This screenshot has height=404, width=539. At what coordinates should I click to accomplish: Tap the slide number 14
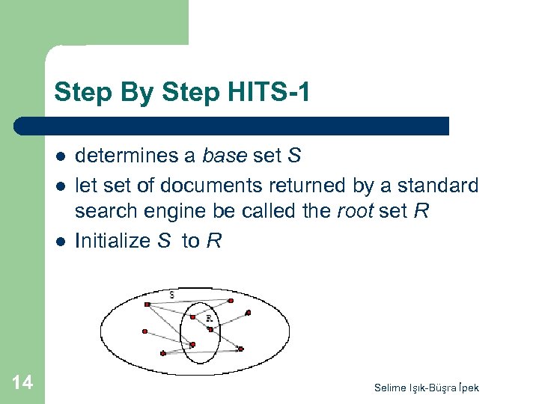[x=22, y=383]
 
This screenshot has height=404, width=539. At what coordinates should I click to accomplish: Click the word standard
[x=436, y=184]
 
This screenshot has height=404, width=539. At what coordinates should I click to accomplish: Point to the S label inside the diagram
[x=172, y=296]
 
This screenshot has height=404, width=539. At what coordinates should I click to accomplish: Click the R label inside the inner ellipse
[x=209, y=319]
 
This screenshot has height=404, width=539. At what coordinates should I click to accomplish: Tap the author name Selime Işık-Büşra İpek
[x=427, y=387]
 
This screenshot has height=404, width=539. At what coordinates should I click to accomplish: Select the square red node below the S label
[x=147, y=304]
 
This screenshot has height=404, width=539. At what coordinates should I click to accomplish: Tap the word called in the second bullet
[x=264, y=212]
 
